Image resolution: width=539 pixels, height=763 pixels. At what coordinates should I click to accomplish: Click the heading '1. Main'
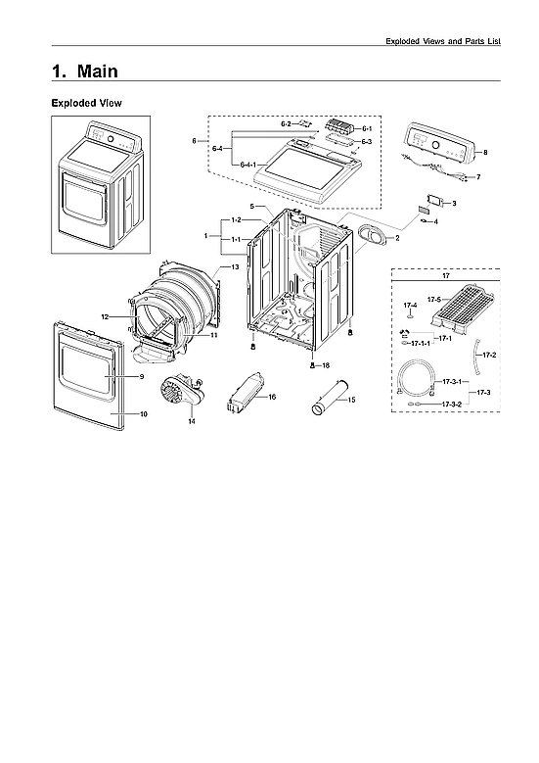(x=85, y=72)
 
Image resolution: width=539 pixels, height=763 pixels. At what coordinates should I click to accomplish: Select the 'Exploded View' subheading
(x=86, y=103)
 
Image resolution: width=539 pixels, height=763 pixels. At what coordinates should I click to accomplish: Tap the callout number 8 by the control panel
(x=485, y=153)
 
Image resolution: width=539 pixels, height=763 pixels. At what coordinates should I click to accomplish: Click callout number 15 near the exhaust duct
(x=351, y=400)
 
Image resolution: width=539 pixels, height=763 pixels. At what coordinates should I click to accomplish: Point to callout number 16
(x=272, y=397)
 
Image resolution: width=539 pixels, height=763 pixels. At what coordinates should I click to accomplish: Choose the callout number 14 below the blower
(x=192, y=421)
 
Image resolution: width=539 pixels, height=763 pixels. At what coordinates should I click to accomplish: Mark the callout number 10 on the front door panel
(x=143, y=414)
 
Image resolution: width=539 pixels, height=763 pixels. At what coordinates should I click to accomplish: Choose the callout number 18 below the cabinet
(x=326, y=364)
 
